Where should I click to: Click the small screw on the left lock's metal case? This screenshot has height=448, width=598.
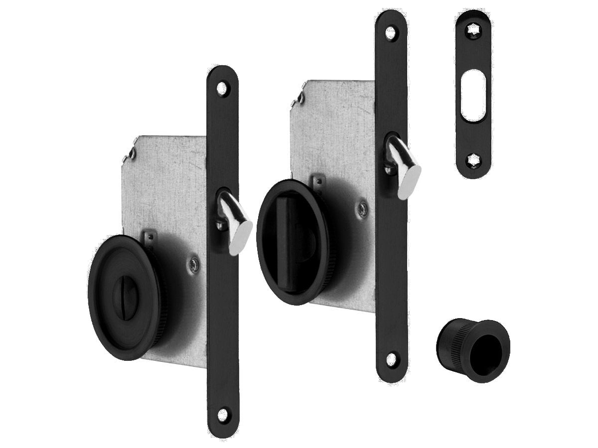(194, 260)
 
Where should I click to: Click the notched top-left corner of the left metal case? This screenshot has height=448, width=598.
(129, 151)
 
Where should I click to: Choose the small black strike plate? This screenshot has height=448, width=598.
(473, 95)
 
